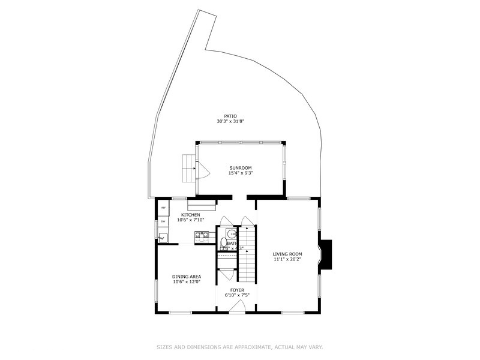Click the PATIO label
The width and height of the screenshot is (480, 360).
tap(231, 116)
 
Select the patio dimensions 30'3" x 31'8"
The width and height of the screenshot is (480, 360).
tap(231, 121)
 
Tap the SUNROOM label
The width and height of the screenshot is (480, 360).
tap(240, 168)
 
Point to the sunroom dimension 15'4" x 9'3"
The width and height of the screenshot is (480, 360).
tap(240, 173)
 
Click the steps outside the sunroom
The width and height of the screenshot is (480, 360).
tap(190, 167)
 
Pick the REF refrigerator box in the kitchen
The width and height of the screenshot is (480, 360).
tap(163, 208)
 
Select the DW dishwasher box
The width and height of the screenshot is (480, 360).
tap(163, 221)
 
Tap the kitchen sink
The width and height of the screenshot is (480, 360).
tap(163, 237)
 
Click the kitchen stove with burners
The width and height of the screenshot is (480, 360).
tap(201, 235)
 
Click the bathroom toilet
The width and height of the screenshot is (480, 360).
tap(223, 243)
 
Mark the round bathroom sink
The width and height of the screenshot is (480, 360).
tap(231, 233)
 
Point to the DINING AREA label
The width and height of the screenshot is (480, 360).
tap(187, 277)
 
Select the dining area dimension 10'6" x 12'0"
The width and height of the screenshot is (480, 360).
tap(187, 281)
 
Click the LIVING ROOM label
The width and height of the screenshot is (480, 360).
tap(287, 254)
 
